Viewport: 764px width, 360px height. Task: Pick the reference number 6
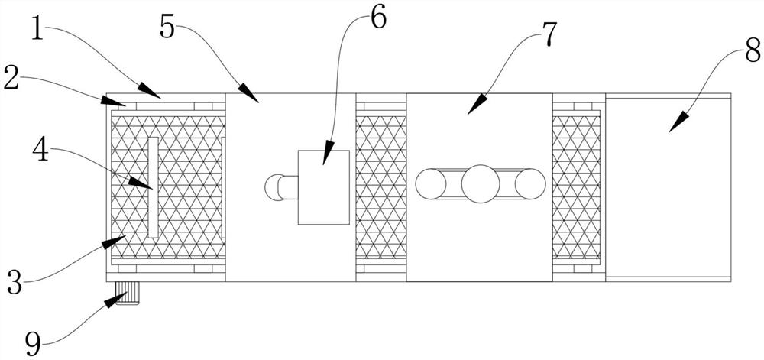378,18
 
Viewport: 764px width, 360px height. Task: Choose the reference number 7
549,34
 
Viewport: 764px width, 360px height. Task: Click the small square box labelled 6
323,187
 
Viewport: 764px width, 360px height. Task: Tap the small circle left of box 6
274,186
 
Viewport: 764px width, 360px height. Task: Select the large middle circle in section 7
481,184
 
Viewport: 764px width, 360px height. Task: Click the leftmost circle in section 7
431,184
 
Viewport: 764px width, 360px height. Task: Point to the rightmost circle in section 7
530,184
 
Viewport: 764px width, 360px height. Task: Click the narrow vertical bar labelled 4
153,187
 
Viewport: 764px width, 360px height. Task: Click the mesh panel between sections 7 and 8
577,187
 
